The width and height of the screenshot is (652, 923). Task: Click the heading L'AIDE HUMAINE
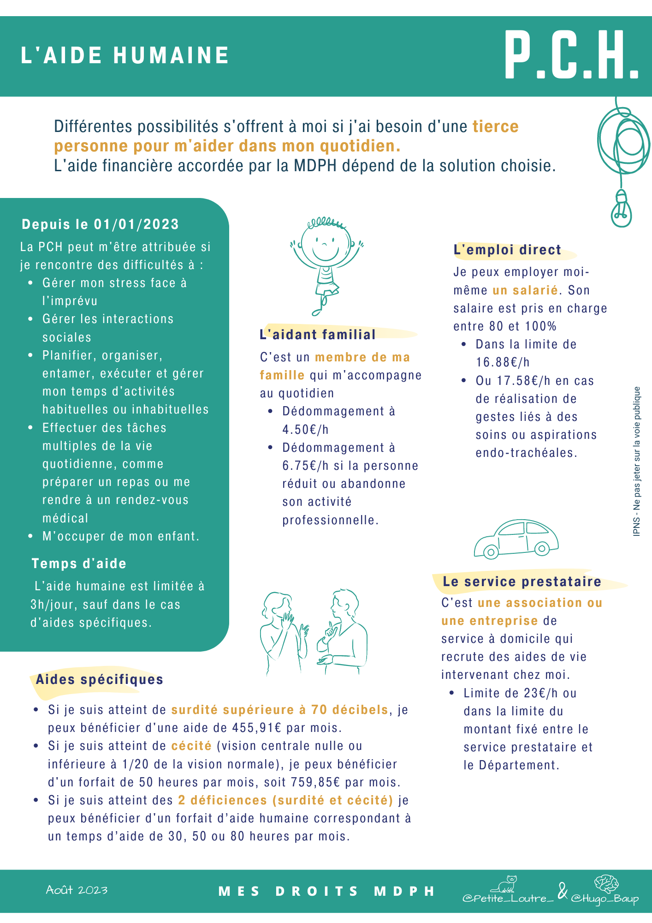coord(125,56)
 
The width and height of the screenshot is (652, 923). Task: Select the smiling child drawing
coord(326,263)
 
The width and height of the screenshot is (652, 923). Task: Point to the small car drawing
coord(516,539)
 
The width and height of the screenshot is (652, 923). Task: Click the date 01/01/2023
coord(136,225)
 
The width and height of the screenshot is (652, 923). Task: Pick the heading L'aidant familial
coord(318,335)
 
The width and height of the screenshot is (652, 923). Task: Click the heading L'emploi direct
coord(507,250)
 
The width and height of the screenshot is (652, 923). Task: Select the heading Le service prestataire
coord(522,581)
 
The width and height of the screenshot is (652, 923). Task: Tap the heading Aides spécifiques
coord(100,679)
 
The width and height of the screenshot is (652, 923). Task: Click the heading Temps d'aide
coord(79,563)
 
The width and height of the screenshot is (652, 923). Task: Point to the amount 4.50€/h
coord(305,430)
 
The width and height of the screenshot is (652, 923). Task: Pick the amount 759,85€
coord(315,782)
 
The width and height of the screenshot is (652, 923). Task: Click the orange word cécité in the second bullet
coord(191,746)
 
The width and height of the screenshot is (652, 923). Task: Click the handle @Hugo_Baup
coord(605,899)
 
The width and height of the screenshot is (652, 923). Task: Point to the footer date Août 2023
coord(77,890)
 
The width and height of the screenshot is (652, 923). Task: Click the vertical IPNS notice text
coord(637,461)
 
